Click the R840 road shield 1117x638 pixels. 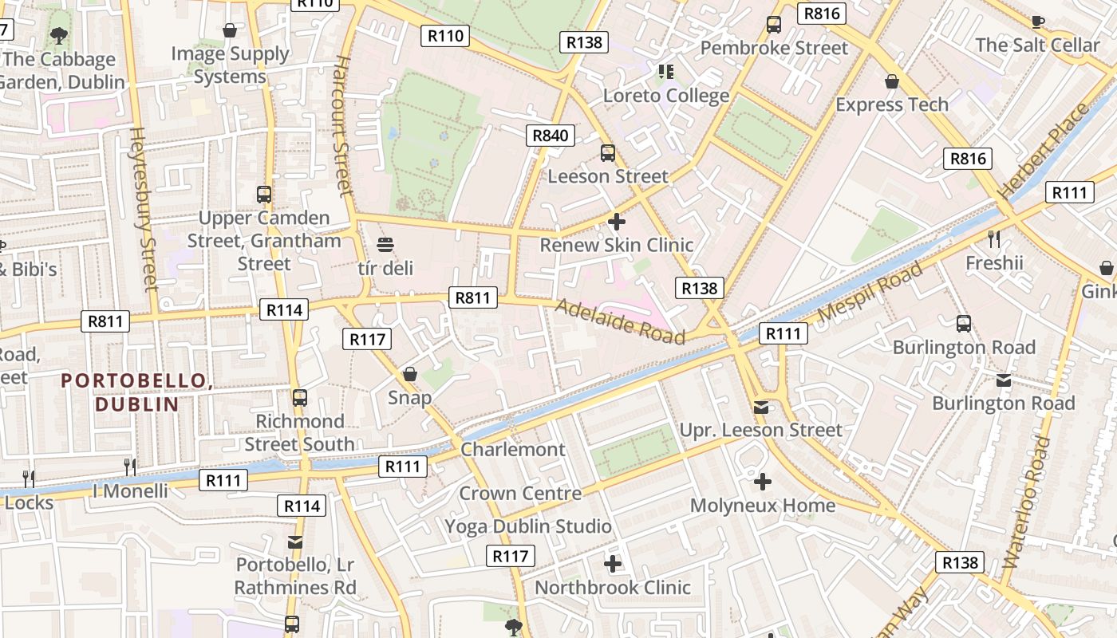[551, 135]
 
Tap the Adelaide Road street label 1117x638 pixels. [620, 321]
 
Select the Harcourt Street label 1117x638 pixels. [343, 126]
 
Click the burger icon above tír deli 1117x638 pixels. [385, 244]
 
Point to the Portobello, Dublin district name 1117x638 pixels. [136, 392]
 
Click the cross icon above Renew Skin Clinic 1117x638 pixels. [616, 221]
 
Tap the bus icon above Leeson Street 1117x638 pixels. [608, 152]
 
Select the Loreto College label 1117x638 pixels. [666, 96]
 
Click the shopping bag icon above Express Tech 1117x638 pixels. [892, 81]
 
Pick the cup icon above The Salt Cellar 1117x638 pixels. [1037, 22]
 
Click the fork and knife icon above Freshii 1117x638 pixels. [993, 238]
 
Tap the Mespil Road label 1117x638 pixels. [870, 291]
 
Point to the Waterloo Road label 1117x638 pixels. [1028, 502]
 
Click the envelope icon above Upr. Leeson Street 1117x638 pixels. [761, 408]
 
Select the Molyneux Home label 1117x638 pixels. [763, 505]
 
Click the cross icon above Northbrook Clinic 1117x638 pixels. [612, 564]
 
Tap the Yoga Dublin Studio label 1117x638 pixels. [528, 526]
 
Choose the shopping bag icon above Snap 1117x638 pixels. [410, 374]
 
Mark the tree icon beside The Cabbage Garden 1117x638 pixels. [58, 35]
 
